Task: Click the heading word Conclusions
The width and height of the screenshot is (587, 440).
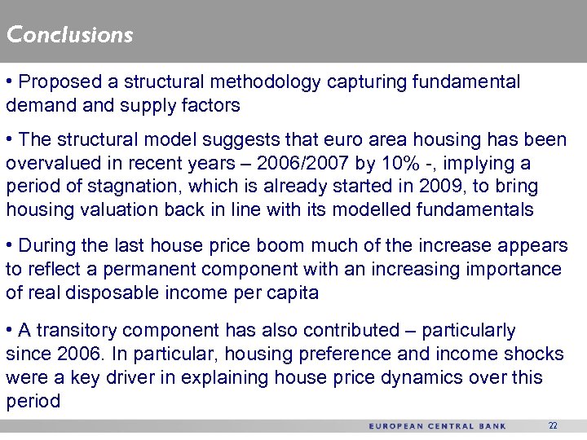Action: (69, 35)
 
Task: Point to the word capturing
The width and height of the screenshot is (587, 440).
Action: (368, 82)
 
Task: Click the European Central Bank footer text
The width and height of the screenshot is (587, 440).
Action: (437, 426)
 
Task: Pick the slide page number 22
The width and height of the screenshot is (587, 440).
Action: (553, 426)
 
